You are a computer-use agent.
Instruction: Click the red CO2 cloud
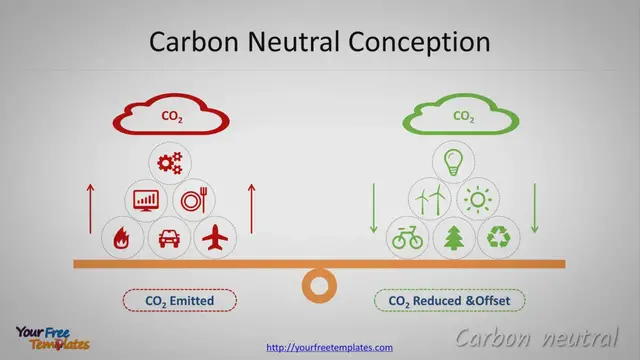point(172,116)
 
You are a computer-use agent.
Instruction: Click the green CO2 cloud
point(463,116)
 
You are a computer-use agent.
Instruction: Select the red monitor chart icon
point(147,200)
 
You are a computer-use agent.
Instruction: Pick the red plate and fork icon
point(193,200)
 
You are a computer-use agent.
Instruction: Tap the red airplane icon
point(215,238)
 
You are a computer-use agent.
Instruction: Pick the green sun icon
point(477,200)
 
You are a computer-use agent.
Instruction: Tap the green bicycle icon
point(407,238)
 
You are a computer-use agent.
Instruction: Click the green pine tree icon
point(453,238)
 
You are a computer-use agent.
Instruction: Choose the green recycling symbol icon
point(499,238)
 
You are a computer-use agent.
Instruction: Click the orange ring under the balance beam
point(319,286)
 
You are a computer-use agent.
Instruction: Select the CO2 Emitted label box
point(180,300)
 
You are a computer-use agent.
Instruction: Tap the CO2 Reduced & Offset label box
point(450,300)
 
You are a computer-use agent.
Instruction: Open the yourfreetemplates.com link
point(329,347)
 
